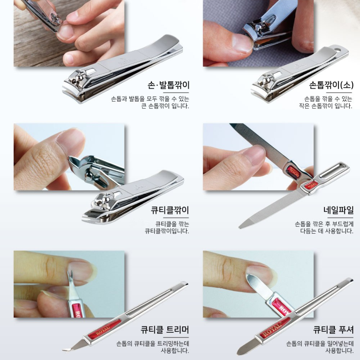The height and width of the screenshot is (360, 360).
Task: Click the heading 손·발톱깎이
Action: pyautogui.click(x=168, y=86)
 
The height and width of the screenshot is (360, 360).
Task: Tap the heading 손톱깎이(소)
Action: pyautogui.click(x=331, y=86)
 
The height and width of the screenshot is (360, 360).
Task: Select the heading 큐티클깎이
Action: pyautogui.click(x=170, y=210)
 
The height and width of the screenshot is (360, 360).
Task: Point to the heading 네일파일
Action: pyautogui.click(x=338, y=210)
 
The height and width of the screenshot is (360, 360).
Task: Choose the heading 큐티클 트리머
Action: pyautogui.click(x=164, y=330)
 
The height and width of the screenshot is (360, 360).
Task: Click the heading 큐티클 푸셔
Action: pyautogui.click(x=333, y=330)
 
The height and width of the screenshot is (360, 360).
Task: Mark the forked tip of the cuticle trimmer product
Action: pyautogui.click(x=64, y=350)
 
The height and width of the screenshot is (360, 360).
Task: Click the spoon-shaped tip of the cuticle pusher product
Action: pyautogui.click(x=241, y=351)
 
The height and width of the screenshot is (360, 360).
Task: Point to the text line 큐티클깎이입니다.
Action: pyautogui.click(x=167, y=231)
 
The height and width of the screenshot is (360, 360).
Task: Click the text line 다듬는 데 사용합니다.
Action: pyautogui.click(x=327, y=231)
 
